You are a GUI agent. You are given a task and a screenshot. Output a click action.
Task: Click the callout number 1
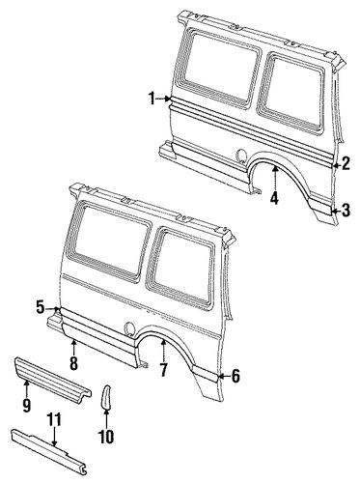coord(152,99)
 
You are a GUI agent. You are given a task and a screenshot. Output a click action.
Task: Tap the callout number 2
coord(346,163)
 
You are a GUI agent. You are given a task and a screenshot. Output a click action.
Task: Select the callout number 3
coord(346,211)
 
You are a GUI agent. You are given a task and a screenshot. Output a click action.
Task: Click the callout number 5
coord(40,307)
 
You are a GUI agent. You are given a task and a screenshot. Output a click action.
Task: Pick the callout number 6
coord(235,376)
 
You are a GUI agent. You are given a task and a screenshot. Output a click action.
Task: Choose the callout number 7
coord(163,370)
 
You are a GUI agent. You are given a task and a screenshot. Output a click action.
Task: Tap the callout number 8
coord(73,363)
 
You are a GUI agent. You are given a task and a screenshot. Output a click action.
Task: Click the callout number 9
coord(26,405)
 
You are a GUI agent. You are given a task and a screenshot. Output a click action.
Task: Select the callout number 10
coord(106,437)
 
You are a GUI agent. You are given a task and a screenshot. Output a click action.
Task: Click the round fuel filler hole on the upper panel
coord(240,155)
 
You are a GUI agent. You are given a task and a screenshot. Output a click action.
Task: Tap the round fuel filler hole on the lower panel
coord(128,327)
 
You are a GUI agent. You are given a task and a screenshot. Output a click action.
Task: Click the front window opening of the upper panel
coord(218,70)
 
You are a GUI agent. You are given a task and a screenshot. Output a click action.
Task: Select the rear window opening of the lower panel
coord(181,269)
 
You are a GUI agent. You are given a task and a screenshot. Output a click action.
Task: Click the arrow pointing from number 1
coord(164,99)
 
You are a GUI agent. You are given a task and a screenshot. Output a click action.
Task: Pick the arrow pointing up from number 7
coord(163,351)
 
